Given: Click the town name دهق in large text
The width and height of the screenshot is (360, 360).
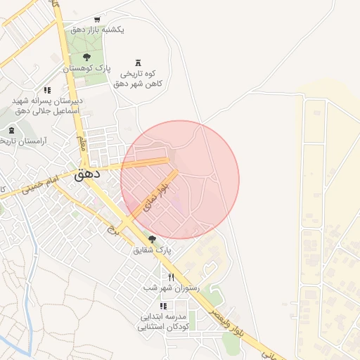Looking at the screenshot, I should click(x=87, y=172).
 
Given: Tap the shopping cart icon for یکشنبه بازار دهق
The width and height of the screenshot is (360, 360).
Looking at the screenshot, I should click(x=96, y=19).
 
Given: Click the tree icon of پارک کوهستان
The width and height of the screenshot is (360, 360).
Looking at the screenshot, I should click(x=86, y=57).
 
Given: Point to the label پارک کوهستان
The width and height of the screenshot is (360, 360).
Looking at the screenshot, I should click(x=87, y=68).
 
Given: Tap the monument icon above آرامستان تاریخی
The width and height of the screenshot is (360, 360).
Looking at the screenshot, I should click(x=11, y=131).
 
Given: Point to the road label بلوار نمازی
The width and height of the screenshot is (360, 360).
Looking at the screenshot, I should click(x=157, y=197).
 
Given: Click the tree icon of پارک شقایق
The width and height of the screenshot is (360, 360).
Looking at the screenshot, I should click(x=152, y=240).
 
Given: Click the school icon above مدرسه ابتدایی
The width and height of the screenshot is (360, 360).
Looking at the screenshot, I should click(x=164, y=306).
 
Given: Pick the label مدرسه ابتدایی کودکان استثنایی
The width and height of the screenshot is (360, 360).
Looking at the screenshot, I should click(x=165, y=321).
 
